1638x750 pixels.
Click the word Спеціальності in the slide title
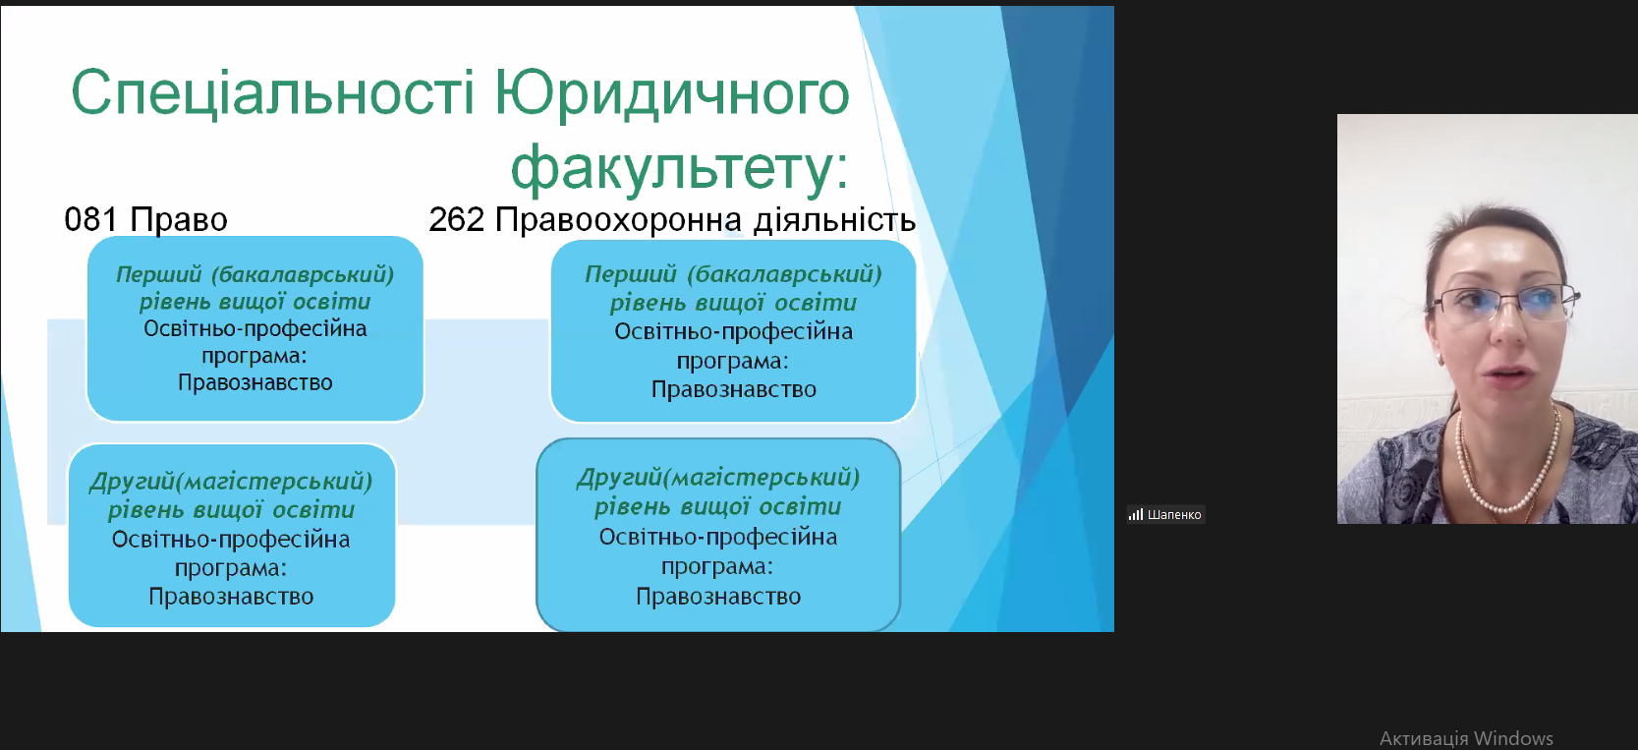(273, 94)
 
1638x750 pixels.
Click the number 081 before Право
(90, 219)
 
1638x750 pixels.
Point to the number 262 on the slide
(456, 219)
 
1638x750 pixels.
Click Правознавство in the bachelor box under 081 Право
(255, 382)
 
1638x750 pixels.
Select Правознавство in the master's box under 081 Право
(231, 597)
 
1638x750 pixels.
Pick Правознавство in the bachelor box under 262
(733, 389)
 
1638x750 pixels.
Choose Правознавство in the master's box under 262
(718, 597)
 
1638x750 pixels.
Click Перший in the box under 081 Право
(158, 275)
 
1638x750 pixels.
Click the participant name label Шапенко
(1174, 515)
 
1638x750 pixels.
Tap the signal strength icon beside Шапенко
(1136, 515)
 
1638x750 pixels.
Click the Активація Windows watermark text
(1466, 738)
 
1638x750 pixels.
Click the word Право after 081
(179, 219)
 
